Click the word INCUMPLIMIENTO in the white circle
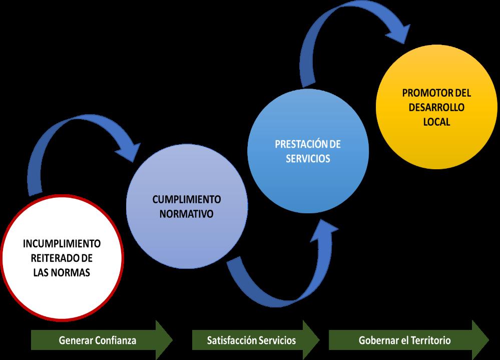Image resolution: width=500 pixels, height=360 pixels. (x=62, y=244)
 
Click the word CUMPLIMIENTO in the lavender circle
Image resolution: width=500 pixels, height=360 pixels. (x=187, y=199)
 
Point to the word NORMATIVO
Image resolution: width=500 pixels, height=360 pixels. (x=187, y=214)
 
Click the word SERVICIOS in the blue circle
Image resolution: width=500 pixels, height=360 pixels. (x=308, y=159)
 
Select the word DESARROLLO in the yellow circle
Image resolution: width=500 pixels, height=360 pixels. (x=436, y=107)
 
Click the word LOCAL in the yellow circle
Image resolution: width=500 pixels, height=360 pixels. (x=436, y=122)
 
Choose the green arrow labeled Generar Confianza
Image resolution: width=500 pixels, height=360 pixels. (x=102, y=340)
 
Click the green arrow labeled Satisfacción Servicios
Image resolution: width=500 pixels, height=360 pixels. (x=256, y=340)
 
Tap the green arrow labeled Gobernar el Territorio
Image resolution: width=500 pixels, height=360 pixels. (x=409, y=340)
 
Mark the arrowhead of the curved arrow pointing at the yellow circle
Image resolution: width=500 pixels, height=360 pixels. (x=398, y=33)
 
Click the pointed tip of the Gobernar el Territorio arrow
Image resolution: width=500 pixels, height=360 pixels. (x=489, y=340)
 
